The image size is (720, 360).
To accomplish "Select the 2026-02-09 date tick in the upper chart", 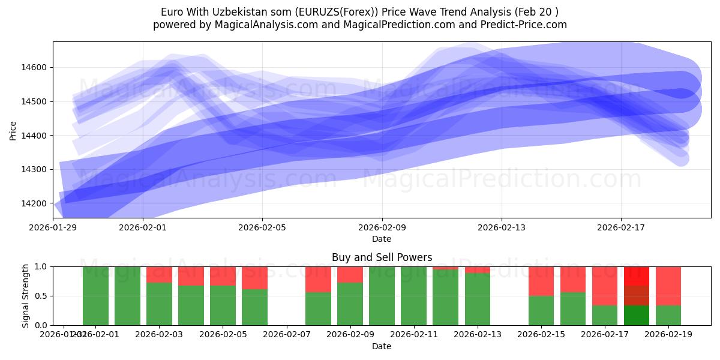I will pyautogui.click(x=382, y=227).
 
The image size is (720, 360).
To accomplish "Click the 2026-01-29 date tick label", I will pyautogui.click(x=53, y=227).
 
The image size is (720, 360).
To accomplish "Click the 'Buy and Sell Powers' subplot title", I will pyautogui.click(x=382, y=257).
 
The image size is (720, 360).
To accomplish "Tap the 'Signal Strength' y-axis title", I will pyautogui.click(x=25, y=296).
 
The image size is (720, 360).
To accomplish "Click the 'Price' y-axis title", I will pyautogui.click(x=13, y=130).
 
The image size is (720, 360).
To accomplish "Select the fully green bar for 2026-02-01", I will pyautogui.click(x=127, y=296).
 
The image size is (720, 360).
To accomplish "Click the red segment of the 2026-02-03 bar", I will pyautogui.click(x=159, y=274).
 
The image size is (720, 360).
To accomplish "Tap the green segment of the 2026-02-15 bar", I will pyautogui.click(x=541, y=310).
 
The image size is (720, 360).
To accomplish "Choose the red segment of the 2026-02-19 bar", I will pyautogui.click(x=668, y=286).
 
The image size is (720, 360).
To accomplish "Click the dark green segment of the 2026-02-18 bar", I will pyautogui.click(x=637, y=315).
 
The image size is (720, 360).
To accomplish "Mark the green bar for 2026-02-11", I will pyautogui.click(x=413, y=296).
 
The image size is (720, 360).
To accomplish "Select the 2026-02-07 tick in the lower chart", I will pyautogui.click(x=286, y=335).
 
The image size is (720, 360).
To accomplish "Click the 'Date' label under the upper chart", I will pyautogui.click(x=382, y=239).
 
